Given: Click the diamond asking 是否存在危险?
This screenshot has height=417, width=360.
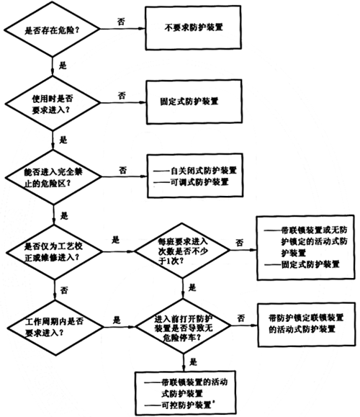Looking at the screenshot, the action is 52,30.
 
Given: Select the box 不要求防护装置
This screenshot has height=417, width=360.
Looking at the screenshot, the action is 193,27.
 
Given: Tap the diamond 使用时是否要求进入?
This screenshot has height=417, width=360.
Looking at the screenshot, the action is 53,103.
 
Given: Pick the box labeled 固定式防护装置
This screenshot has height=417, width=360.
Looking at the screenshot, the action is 194,102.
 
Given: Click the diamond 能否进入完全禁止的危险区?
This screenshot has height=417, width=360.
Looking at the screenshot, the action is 53,177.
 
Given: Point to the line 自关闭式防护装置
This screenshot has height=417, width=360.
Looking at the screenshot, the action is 195,171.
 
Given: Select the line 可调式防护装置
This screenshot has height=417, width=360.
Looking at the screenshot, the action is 191,182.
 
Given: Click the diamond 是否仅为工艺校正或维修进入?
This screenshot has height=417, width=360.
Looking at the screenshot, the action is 54,252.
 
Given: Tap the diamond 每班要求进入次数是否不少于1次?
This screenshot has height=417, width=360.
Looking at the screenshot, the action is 182,251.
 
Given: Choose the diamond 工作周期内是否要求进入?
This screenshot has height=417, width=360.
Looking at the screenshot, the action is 55,327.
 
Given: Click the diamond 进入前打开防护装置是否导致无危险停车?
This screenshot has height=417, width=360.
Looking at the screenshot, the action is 183,326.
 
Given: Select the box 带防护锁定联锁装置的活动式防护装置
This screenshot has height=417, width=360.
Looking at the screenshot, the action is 307,324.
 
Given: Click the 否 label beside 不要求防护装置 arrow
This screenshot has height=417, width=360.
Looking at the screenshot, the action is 121,22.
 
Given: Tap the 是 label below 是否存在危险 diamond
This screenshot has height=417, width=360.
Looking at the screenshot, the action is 63,66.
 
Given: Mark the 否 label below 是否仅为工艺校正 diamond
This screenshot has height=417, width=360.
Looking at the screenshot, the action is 64,290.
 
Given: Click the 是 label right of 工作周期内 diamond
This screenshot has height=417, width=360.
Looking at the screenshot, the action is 117,320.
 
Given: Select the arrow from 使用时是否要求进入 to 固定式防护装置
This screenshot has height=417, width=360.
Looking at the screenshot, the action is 124,103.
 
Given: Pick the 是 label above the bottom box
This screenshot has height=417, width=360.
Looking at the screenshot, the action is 193,362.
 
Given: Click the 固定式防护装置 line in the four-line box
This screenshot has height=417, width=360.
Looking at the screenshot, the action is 302,264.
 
